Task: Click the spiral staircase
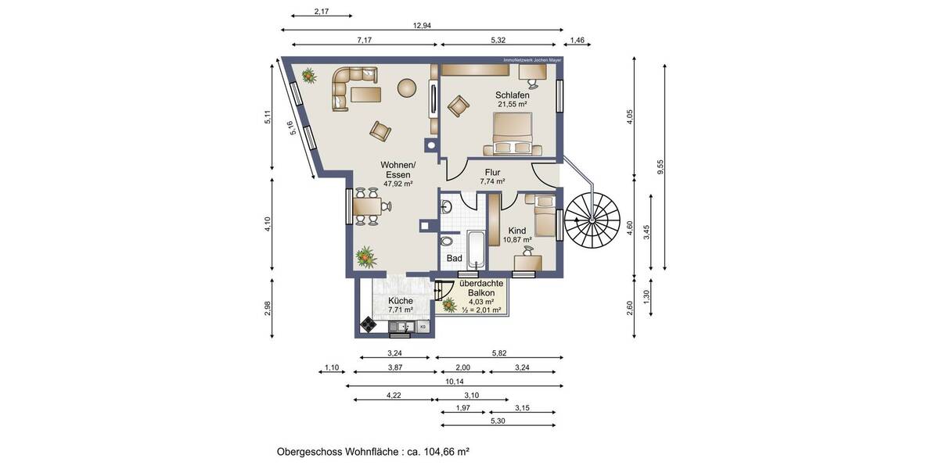[x=592, y=218]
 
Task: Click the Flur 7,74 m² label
[x=492, y=177]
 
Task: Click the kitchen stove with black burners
[x=369, y=326]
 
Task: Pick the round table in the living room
[x=407, y=88]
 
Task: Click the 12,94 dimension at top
[x=422, y=25]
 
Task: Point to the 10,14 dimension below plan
[x=455, y=381]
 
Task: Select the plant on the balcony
[x=449, y=304]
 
